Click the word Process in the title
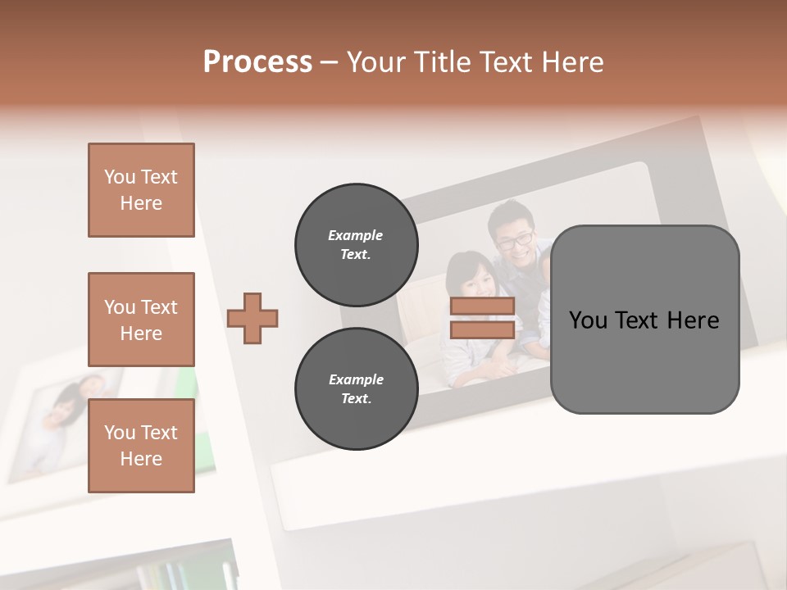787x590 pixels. (257, 62)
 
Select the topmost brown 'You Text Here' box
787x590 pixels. (141, 190)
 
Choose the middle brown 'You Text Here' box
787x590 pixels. (141, 320)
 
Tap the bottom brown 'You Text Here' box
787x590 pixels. (141, 446)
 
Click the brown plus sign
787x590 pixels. (252, 318)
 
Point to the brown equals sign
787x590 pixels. (482, 318)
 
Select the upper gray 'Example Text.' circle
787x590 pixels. (356, 244)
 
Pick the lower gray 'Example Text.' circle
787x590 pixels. (356, 388)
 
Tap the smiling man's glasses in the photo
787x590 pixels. (515, 240)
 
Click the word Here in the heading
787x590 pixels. (569, 62)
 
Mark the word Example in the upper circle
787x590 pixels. (355, 235)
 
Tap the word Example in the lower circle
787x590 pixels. (356, 379)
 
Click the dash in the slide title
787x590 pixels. (330, 62)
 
